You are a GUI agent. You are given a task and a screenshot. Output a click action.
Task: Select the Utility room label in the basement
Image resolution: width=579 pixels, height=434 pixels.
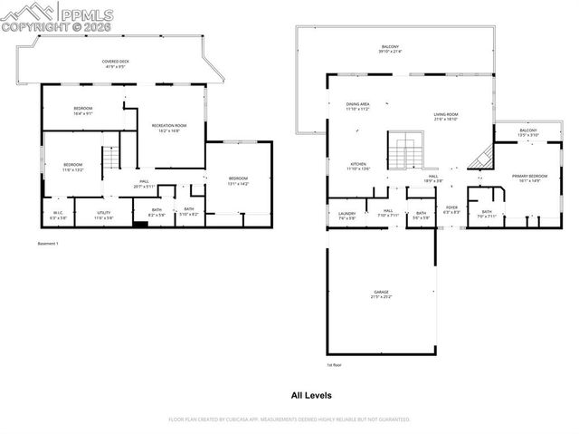pos(104,215)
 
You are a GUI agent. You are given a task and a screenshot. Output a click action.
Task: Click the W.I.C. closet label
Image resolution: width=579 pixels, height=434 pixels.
pos(58,215)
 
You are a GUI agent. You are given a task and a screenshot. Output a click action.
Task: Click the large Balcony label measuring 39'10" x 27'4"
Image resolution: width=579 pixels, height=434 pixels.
pos(390,49)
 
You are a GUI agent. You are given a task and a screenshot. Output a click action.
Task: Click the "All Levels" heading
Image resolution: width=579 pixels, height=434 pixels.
pos(310,395)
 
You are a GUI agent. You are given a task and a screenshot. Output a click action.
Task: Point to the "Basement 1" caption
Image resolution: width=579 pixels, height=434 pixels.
pos(47,244)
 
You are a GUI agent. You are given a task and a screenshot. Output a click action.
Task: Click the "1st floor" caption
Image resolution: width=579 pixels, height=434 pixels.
pos(335,365)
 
